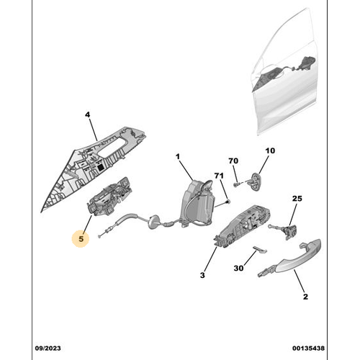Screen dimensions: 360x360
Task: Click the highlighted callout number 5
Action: coord(81,238)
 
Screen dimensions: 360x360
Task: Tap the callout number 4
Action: coord(87,114)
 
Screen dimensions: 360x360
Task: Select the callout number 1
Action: coord(178,156)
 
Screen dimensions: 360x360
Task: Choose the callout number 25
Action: coord(297,198)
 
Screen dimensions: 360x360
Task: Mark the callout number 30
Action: coord(239,268)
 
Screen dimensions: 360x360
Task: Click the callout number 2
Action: coord(305,296)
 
